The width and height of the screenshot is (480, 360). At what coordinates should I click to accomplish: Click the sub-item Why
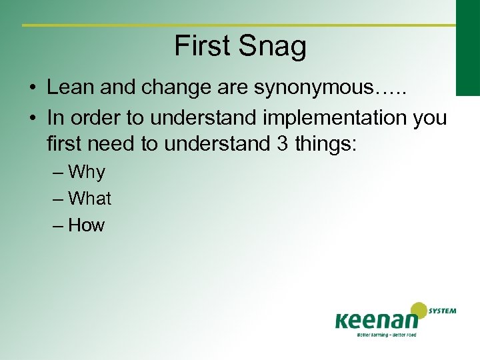pos(87,173)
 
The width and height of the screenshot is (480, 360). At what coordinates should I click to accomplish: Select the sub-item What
pos(89,199)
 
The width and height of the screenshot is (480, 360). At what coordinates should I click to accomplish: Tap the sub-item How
pos(87,225)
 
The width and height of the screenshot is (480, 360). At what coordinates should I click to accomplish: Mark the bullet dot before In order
pos(32,118)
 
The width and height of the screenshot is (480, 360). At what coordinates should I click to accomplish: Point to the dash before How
pos(58,225)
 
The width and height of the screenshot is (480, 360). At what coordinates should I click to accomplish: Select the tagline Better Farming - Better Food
pos(387,335)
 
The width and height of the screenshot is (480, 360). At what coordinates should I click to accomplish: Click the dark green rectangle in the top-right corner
pos(467,47)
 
